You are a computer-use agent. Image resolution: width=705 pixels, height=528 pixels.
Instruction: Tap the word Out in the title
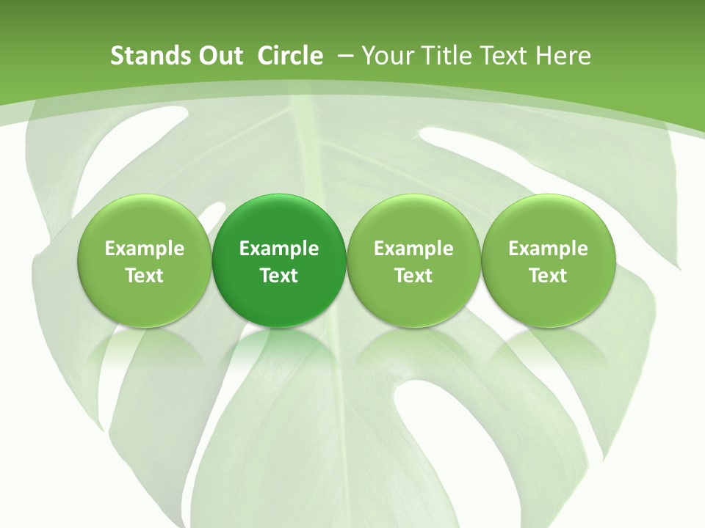point(219,56)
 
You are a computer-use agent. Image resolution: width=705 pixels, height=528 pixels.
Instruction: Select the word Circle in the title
point(290,56)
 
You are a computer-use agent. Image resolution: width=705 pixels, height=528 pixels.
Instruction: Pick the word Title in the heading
point(444,56)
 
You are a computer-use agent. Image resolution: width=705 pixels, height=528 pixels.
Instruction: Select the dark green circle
point(279,260)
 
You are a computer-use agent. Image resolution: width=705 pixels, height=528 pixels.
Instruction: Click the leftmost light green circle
point(145,260)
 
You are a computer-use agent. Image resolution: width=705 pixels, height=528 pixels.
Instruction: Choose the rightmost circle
point(548,260)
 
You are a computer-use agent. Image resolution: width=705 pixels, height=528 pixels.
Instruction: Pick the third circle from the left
point(413,260)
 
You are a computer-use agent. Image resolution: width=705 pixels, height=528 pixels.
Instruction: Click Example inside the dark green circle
point(279,249)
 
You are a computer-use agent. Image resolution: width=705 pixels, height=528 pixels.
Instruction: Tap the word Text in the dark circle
point(279,276)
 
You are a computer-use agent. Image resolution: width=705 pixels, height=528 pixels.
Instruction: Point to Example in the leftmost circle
point(145,249)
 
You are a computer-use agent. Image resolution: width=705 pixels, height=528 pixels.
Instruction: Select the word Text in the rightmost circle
point(548,276)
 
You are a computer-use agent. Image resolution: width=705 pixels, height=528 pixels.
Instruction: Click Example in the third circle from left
point(413,249)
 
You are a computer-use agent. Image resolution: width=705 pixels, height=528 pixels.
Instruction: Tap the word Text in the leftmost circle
point(145,276)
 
